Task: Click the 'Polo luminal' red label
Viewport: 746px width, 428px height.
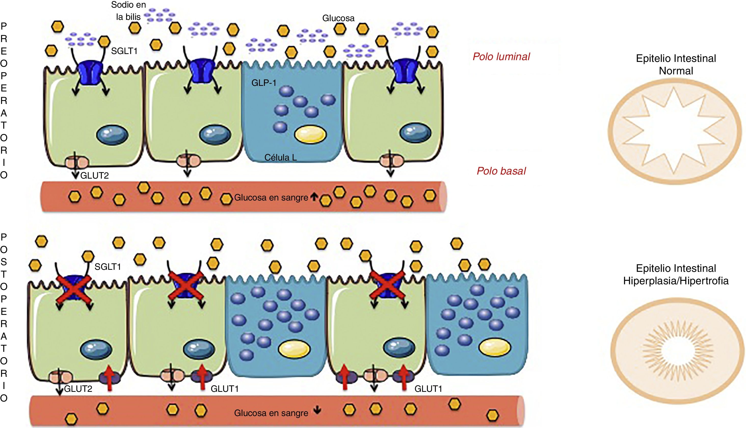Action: pyautogui.click(x=501, y=57)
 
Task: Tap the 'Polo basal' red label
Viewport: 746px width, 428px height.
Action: pyautogui.click(x=501, y=171)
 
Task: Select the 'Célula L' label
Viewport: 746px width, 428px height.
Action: pyautogui.click(x=281, y=157)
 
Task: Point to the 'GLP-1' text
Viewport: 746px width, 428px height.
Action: pyautogui.click(x=264, y=83)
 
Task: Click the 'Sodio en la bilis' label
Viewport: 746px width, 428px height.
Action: pyautogui.click(x=128, y=11)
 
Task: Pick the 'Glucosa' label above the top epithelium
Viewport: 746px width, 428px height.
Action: pyautogui.click(x=338, y=18)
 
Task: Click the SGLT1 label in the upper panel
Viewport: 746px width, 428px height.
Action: pyautogui.click(x=124, y=51)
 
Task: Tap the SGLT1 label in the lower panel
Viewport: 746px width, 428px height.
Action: pyautogui.click(x=108, y=267)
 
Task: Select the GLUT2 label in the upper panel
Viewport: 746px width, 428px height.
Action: pyautogui.click(x=94, y=176)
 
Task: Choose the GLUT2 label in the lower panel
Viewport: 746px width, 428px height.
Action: pyautogui.click(x=78, y=389)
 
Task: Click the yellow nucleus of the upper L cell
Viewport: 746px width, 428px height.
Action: pyautogui.click(x=310, y=134)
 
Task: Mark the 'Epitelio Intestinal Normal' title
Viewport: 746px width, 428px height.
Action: pyautogui.click(x=676, y=65)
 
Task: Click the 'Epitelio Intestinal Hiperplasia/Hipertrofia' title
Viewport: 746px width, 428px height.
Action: pyautogui.click(x=676, y=275)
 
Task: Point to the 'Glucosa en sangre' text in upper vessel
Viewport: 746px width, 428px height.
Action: pyautogui.click(x=271, y=197)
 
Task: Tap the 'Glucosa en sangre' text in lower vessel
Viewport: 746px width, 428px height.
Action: pyautogui.click(x=271, y=413)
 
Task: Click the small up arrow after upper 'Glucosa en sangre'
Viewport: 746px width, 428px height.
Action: pyautogui.click(x=314, y=196)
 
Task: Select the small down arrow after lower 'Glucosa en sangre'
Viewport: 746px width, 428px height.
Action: pyautogui.click(x=317, y=410)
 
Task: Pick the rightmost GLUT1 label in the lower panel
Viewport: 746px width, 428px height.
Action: pyautogui.click(x=428, y=389)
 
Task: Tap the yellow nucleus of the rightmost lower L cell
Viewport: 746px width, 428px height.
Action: pyautogui.click(x=495, y=347)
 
